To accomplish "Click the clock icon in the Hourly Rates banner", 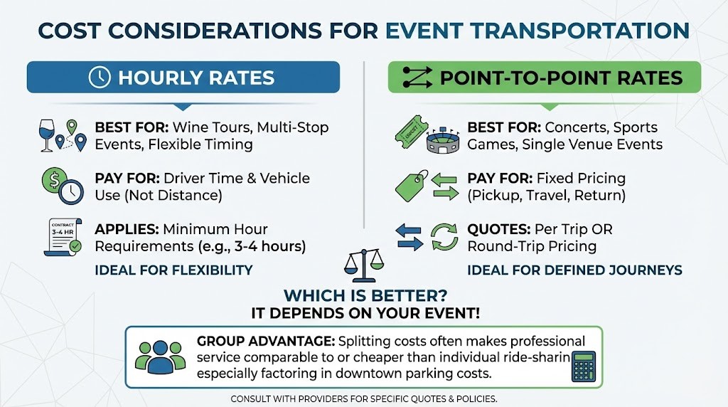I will (x=100, y=78).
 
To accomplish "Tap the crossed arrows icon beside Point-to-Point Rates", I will (x=417, y=78).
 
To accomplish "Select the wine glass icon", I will (x=48, y=135).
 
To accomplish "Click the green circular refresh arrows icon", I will (x=446, y=237).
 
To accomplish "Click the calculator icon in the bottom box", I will (x=583, y=366).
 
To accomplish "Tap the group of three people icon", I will (x=161, y=357).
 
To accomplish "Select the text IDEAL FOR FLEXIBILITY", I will (x=173, y=270).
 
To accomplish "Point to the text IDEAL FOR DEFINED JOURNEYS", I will (x=574, y=270).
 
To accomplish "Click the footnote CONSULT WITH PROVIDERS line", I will (x=363, y=398).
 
